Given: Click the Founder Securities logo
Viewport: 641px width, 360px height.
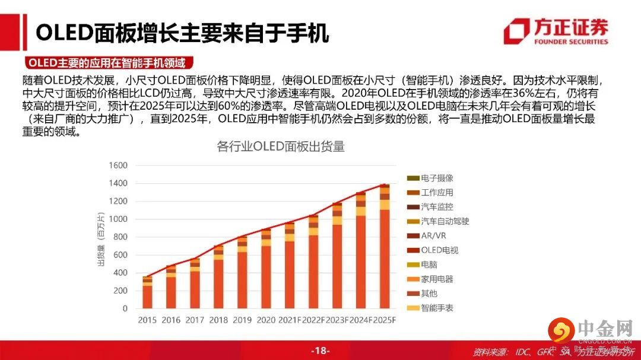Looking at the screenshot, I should click(x=556, y=31).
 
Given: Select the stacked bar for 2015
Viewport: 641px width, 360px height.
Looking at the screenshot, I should click(x=147, y=292).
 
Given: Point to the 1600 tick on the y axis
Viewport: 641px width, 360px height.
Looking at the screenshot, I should click(x=118, y=165).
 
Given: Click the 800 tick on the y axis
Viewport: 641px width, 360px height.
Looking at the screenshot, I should click(x=120, y=237).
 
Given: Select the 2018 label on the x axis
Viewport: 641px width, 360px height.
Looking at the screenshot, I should click(x=218, y=320).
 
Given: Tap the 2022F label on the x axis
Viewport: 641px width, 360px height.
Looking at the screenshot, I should click(x=314, y=320).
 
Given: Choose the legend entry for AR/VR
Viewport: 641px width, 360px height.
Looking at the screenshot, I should click(x=435, y=235).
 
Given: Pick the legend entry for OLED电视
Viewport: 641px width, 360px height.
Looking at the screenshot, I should click(x=439, y=250).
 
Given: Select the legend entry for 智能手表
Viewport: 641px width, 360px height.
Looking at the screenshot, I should click(x=437, y=308).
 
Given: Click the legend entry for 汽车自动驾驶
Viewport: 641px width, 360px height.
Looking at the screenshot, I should click(x=445, y=221).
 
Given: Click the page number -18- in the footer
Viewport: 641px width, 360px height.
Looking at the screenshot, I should click(x=320, y=351).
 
